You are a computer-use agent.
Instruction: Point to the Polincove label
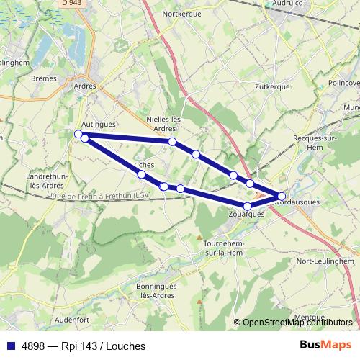click(343, 83)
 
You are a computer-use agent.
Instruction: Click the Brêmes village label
click(44, 78)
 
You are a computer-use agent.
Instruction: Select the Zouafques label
click(246, 215)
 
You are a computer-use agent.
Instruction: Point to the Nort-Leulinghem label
click(326, 261)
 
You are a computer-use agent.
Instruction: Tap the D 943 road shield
click(71, 3)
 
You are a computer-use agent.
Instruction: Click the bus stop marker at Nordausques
click(282, 196)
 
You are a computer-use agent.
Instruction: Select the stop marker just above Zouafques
click(248, 207)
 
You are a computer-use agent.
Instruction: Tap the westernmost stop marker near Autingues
click(78, 133)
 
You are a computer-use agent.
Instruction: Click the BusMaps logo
click(325, 345)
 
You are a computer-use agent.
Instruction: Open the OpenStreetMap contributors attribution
click(297, 323)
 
